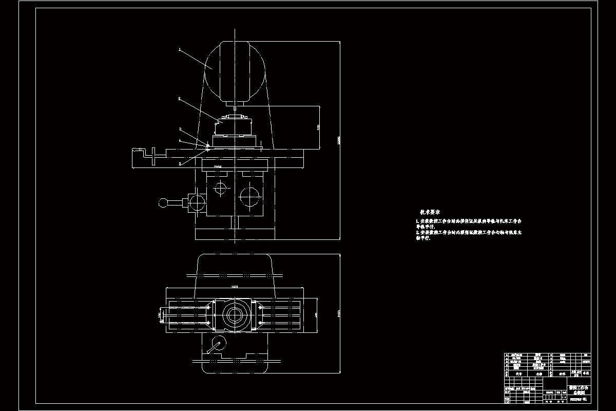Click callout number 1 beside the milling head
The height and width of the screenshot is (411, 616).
180,49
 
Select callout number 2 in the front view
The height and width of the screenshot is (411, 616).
180,98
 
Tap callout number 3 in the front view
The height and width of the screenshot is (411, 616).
180,129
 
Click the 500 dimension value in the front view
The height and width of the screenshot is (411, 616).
318,126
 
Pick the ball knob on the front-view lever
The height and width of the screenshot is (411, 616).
163,202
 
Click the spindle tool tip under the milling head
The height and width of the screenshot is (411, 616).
234,108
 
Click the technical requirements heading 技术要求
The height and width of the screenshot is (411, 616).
430,212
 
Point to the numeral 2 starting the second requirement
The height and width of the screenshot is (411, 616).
418,232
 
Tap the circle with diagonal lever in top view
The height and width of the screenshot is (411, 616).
218,343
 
